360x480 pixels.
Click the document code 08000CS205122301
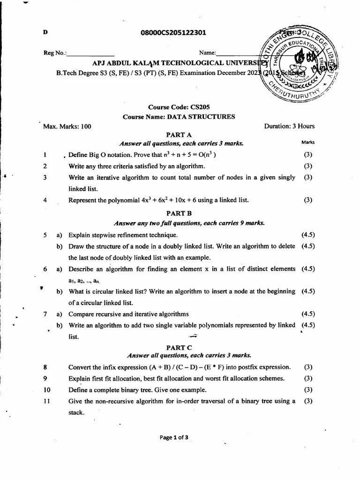click(x=173, y=32)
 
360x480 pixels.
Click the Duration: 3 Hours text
click(x=290, y=126)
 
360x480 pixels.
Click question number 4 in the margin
click(x=45, y=200)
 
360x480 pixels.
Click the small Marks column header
click(x=308, y=142)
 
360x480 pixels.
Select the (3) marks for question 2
click(x=308, y=166)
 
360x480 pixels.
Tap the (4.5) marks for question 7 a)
click(x=308, y=314)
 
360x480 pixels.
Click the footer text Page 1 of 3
click(x=174, y=438)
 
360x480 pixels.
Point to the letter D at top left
click(x=45, y=32)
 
